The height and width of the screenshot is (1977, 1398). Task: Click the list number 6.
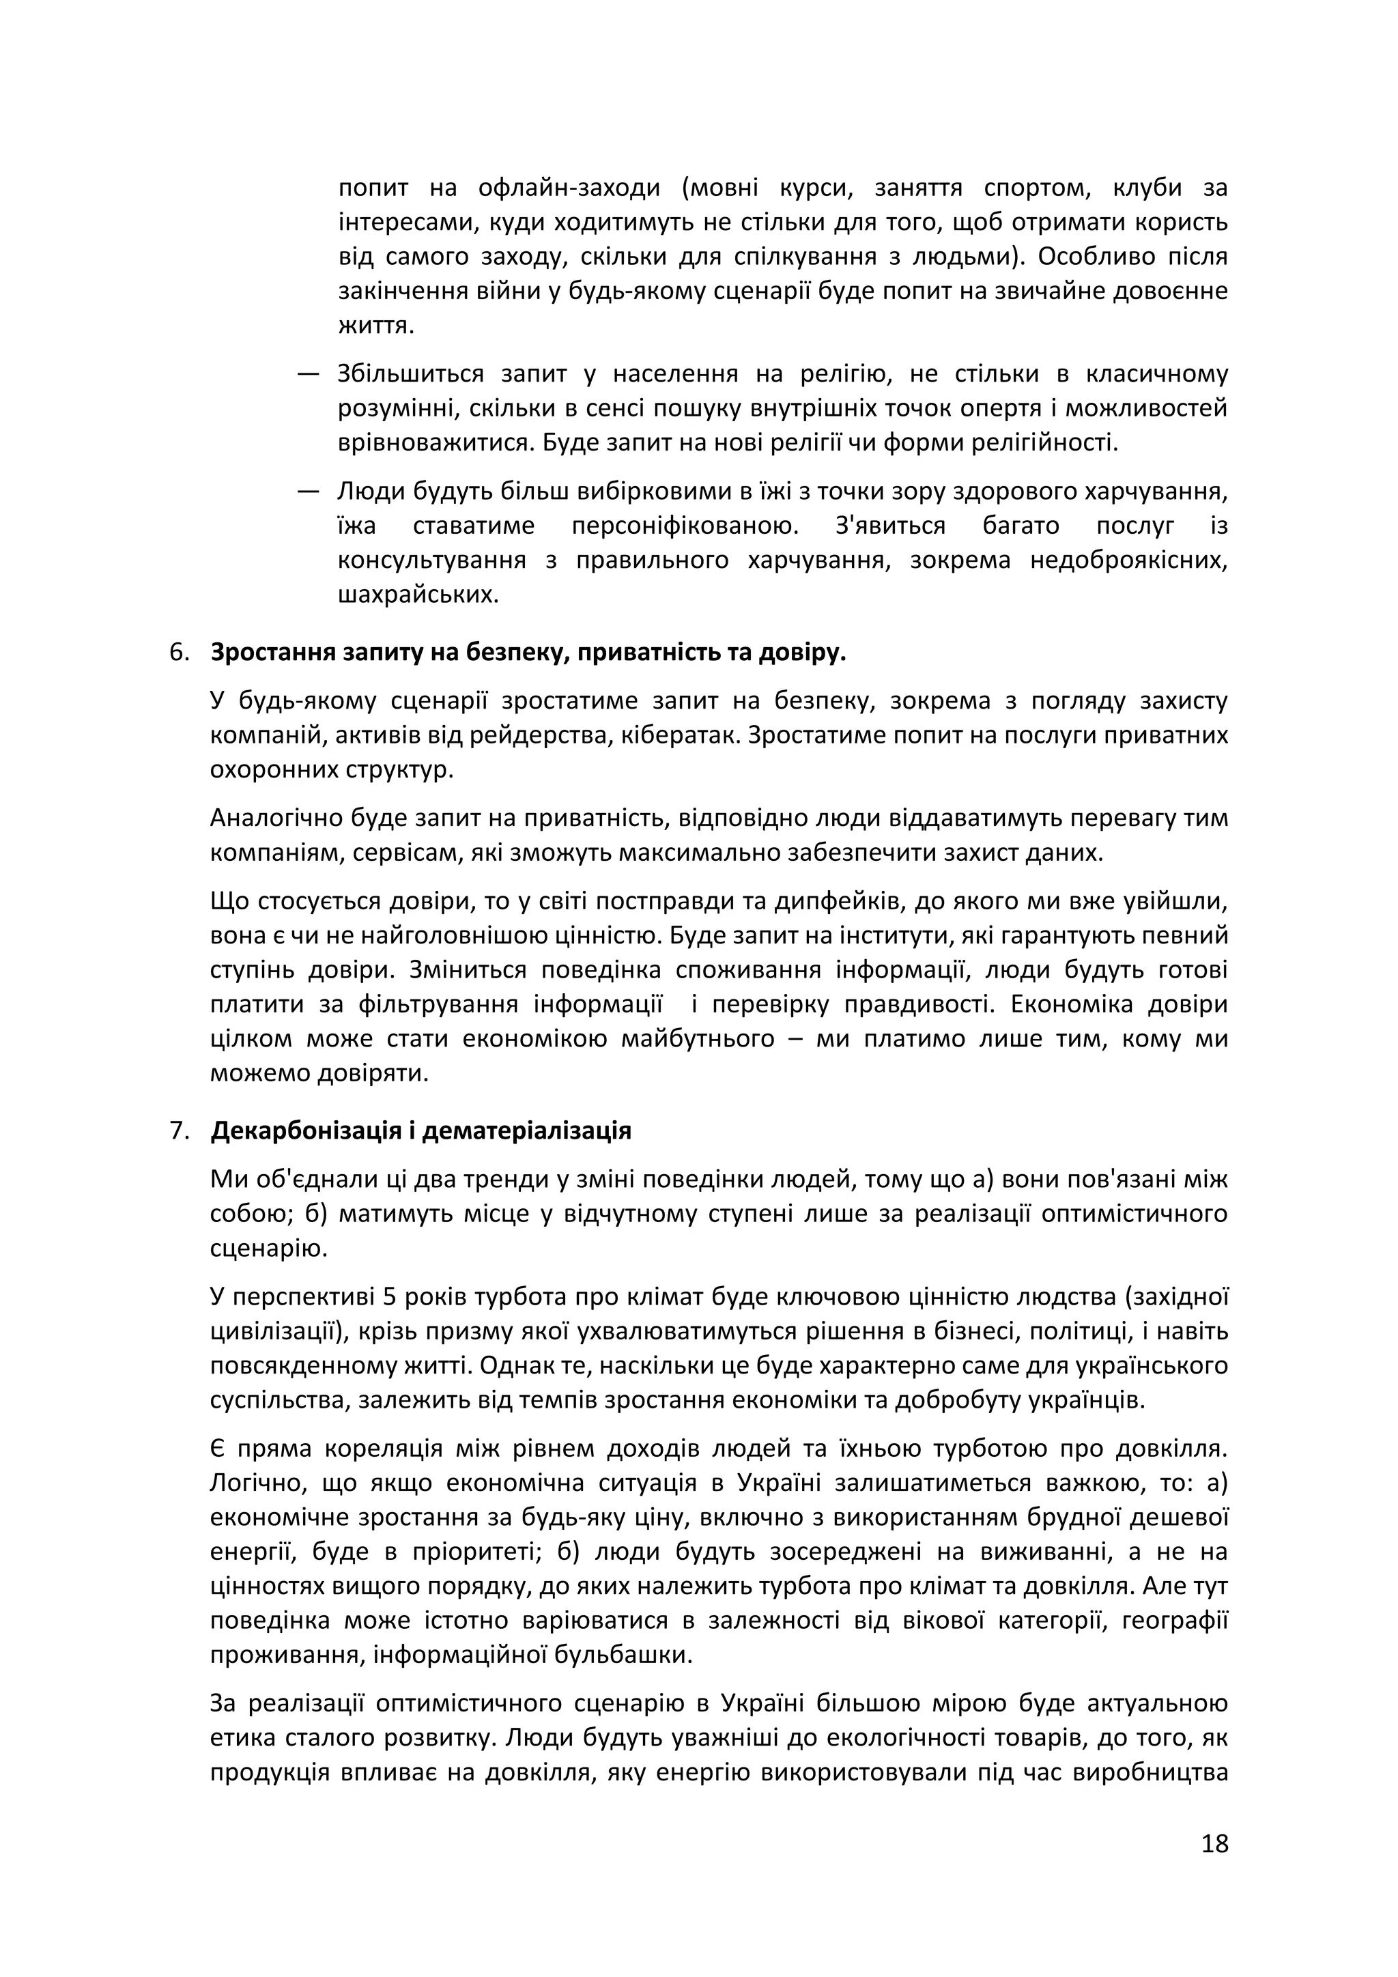click(x=179, y=653)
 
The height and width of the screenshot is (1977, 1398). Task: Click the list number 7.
click(x=179, y=1130)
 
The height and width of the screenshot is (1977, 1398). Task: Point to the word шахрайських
click(x=418, y=595)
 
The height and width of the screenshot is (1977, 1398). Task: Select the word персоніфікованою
click(x=685, y=526)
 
